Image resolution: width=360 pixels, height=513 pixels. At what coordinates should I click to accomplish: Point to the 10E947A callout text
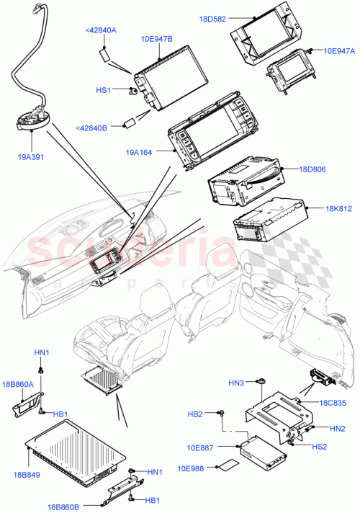click(x=339, y=51)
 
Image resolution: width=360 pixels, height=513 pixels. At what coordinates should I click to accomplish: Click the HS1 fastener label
click(x=105, y=90)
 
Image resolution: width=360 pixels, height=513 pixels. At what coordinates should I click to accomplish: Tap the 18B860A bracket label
click(x=19, y=385)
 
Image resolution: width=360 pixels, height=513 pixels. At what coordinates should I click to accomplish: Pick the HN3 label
click(x=237, y=382)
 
